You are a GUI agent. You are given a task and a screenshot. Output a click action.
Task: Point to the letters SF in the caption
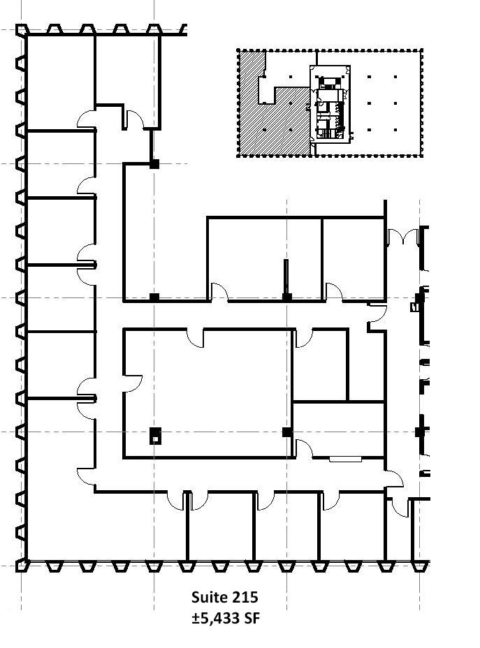pyautogui.click(x=252, y=618)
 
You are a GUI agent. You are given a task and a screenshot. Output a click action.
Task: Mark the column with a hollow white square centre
pyautogui.click(x=155, y=436)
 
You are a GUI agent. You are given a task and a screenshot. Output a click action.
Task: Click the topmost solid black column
pyautogui.click(x=154, y=164)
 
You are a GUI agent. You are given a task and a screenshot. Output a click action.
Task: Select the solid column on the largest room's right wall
pyautogui.click(x=287, y=432)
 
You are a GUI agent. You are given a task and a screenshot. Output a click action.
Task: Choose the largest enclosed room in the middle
pyautogui.click(x=208, y=393)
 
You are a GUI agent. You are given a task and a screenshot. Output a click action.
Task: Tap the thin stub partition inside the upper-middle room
pyautogui.click(x=286, y=277)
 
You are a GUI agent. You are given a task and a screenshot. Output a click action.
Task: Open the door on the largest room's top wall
pyautogui.click(x=195, y=338)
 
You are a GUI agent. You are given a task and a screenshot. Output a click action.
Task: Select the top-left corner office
pyautogui.click(x=61, y=82)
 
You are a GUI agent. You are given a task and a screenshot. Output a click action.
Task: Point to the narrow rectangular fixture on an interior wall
pyautogui.click(x=345, y=459)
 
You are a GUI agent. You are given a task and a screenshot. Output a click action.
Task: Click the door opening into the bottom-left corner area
pyautogui.click(x=86, y=478)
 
